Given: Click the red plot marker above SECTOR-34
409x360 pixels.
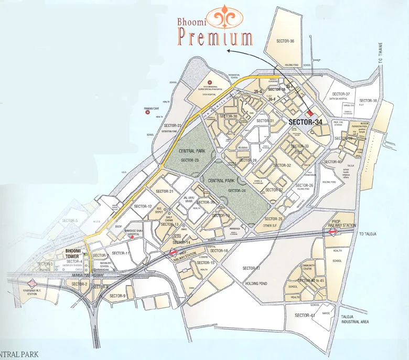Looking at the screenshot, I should (309, 113).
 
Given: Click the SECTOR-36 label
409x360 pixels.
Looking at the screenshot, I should (285, 41).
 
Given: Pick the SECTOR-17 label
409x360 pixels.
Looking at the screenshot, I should (251, 268).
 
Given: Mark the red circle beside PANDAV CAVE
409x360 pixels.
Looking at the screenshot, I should (147, 112).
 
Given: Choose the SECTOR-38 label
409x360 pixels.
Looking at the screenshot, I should (368, 100).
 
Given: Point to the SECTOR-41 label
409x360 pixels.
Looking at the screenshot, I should (305, 315).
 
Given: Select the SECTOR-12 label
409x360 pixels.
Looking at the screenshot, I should (143, 206).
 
